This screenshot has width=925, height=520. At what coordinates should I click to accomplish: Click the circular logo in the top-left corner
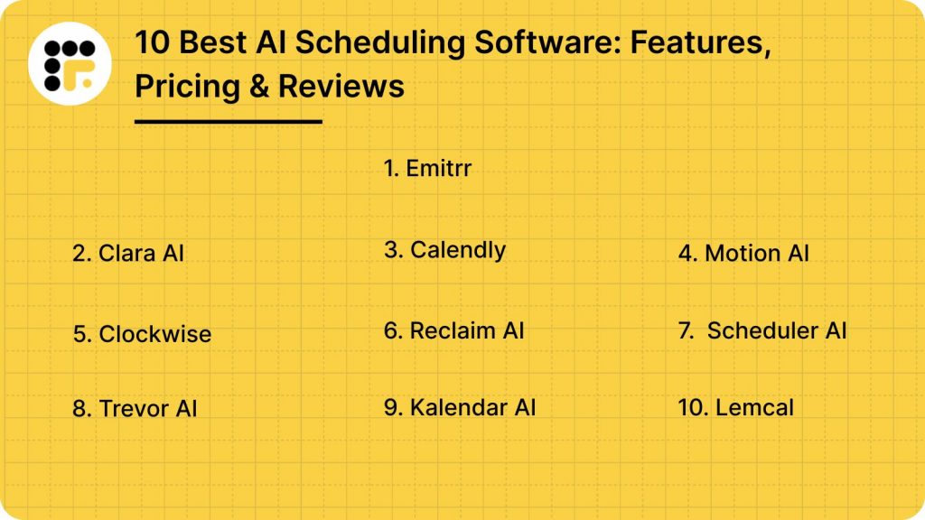click(70, 63)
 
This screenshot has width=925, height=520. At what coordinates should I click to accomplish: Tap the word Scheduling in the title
click(350, 42)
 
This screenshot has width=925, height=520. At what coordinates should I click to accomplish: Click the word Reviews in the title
click(341, 86)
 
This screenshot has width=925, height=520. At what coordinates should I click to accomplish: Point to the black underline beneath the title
click(228, 121)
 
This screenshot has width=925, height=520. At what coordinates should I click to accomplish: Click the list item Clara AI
click(128, 254)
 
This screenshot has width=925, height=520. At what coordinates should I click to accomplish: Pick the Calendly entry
click(444, 250)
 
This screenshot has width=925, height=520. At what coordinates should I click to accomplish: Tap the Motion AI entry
click(743, 254)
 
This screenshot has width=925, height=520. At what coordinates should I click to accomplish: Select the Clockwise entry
click(142, 334)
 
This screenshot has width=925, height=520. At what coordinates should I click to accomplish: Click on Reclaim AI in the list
click(453, 331)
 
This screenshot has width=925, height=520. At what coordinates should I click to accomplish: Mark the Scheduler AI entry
click(763, 331)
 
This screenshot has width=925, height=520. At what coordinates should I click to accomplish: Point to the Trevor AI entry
click(135, 409)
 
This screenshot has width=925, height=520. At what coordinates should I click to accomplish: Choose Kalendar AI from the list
click(460, 408)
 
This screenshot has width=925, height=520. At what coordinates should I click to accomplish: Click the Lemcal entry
click(736, 408)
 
